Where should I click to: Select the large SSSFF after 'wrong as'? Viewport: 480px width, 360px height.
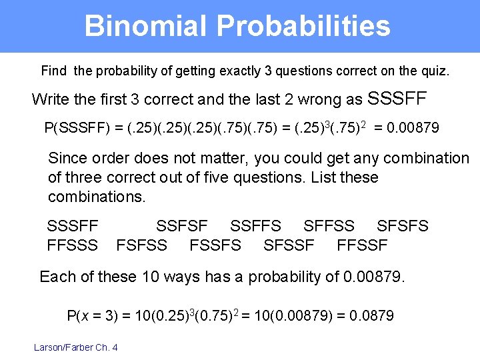click(397, 99)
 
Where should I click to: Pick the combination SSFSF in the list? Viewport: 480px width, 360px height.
click(182, 226)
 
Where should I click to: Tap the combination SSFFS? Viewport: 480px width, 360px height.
click(255, 226)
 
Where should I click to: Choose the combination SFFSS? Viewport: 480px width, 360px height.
click(329, 226)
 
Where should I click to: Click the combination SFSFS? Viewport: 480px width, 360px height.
click(403, 226)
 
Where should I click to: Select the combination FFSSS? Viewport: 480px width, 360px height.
click(73, 245)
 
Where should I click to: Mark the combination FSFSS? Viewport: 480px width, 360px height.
click(142, 245)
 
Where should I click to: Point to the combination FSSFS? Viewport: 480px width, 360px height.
click(215, 245)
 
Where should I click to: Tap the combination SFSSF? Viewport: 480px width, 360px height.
click(289, 245)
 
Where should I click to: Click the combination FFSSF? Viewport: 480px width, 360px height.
click(362, 245)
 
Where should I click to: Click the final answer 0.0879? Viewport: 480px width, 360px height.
click(373, 315)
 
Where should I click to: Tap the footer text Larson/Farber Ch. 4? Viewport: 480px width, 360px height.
click(76, 347)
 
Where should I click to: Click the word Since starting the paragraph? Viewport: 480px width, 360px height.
click(67, 158)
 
